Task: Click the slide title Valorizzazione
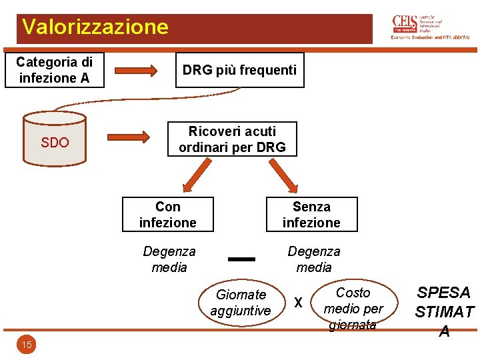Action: pyautogui.click(x=95, y=27)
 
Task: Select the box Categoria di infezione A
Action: pyautogui.click(x=55, y=70)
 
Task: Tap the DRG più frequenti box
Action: pyautogui.click(x=239, y=70)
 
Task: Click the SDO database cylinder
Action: pyautogui.click(x=55, y=139)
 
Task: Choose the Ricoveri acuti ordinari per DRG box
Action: pyautogui.click(x=232, y=139)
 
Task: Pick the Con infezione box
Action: pyautogui.click(x=168, y=214)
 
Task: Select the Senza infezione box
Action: pyautogui.click(x=311, y=214)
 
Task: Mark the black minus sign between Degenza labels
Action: pyautogui.click(x=241, y=259)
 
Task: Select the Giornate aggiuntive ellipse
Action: pyautogui.click(x=241, y=303)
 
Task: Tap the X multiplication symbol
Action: pyautogui.click(x=299, y=303)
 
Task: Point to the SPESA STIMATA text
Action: pyautogui.click(x=444, y=311)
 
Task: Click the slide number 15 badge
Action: pyautogui.click(x=27, y=345)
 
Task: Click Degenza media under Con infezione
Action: pyautogui.click(x=169, y=259)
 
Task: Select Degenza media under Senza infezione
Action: pyautogui.click(x=313, y=259)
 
